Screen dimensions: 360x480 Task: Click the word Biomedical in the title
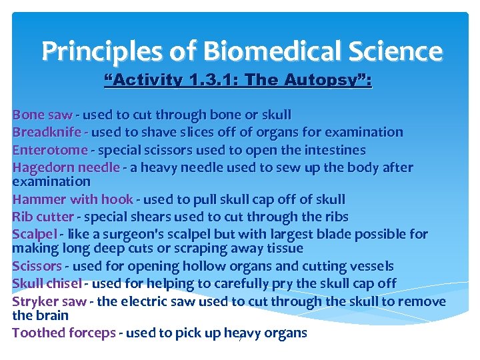click(x=258, y=51)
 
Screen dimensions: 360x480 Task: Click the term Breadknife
click(x=47, y=132)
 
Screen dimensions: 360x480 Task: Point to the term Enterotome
click(x=50, y=150)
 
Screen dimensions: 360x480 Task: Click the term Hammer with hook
click(x=73, y=199)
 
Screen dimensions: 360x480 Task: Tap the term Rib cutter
click(x=43, y=217)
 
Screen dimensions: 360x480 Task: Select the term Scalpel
click(x=35, y=234)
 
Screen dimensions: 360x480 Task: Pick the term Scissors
click(x=37, y=266)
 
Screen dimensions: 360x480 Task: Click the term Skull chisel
click(x=47, y=283)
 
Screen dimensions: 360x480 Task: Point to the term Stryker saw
click(x=49, y=301)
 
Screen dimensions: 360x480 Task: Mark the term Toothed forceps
click(x=63, y=333)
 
